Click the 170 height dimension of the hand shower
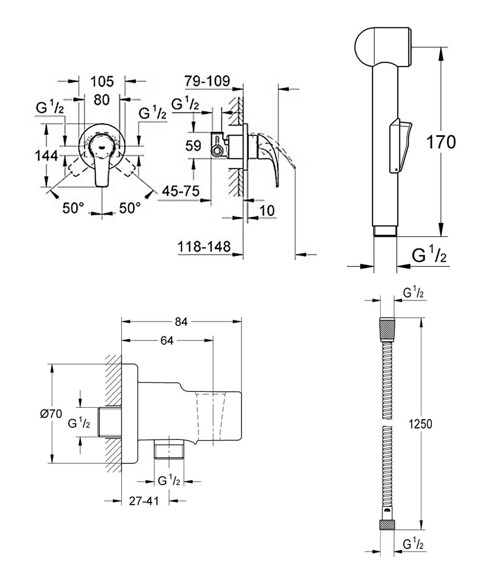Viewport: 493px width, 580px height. click(x=441, y=142)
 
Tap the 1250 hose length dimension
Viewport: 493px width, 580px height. click(x=420, y=424)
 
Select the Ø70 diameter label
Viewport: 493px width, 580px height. click(x=51, y=413)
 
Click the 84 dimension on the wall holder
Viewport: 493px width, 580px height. click(x=181, y=322)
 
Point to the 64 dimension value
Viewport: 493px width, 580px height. click(x=167, y=341)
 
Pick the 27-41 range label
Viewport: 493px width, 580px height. click(x=144, y=501)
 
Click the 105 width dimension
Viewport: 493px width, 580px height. click(x=102, y=82)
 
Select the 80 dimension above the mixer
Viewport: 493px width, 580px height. click(x=102, y=100)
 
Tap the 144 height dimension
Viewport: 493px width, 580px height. click(x=46, y=156)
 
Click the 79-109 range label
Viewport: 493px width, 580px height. click(x=207, y=81)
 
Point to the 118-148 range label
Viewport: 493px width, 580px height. click(x=204, y=247)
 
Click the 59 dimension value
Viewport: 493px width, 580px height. click(x=193, y=146)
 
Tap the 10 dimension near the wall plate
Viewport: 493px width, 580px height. click(x=267, y=210)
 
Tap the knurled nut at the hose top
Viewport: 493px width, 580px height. click(x=387, y=328)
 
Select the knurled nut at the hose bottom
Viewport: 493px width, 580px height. click(x=387, y=525)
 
